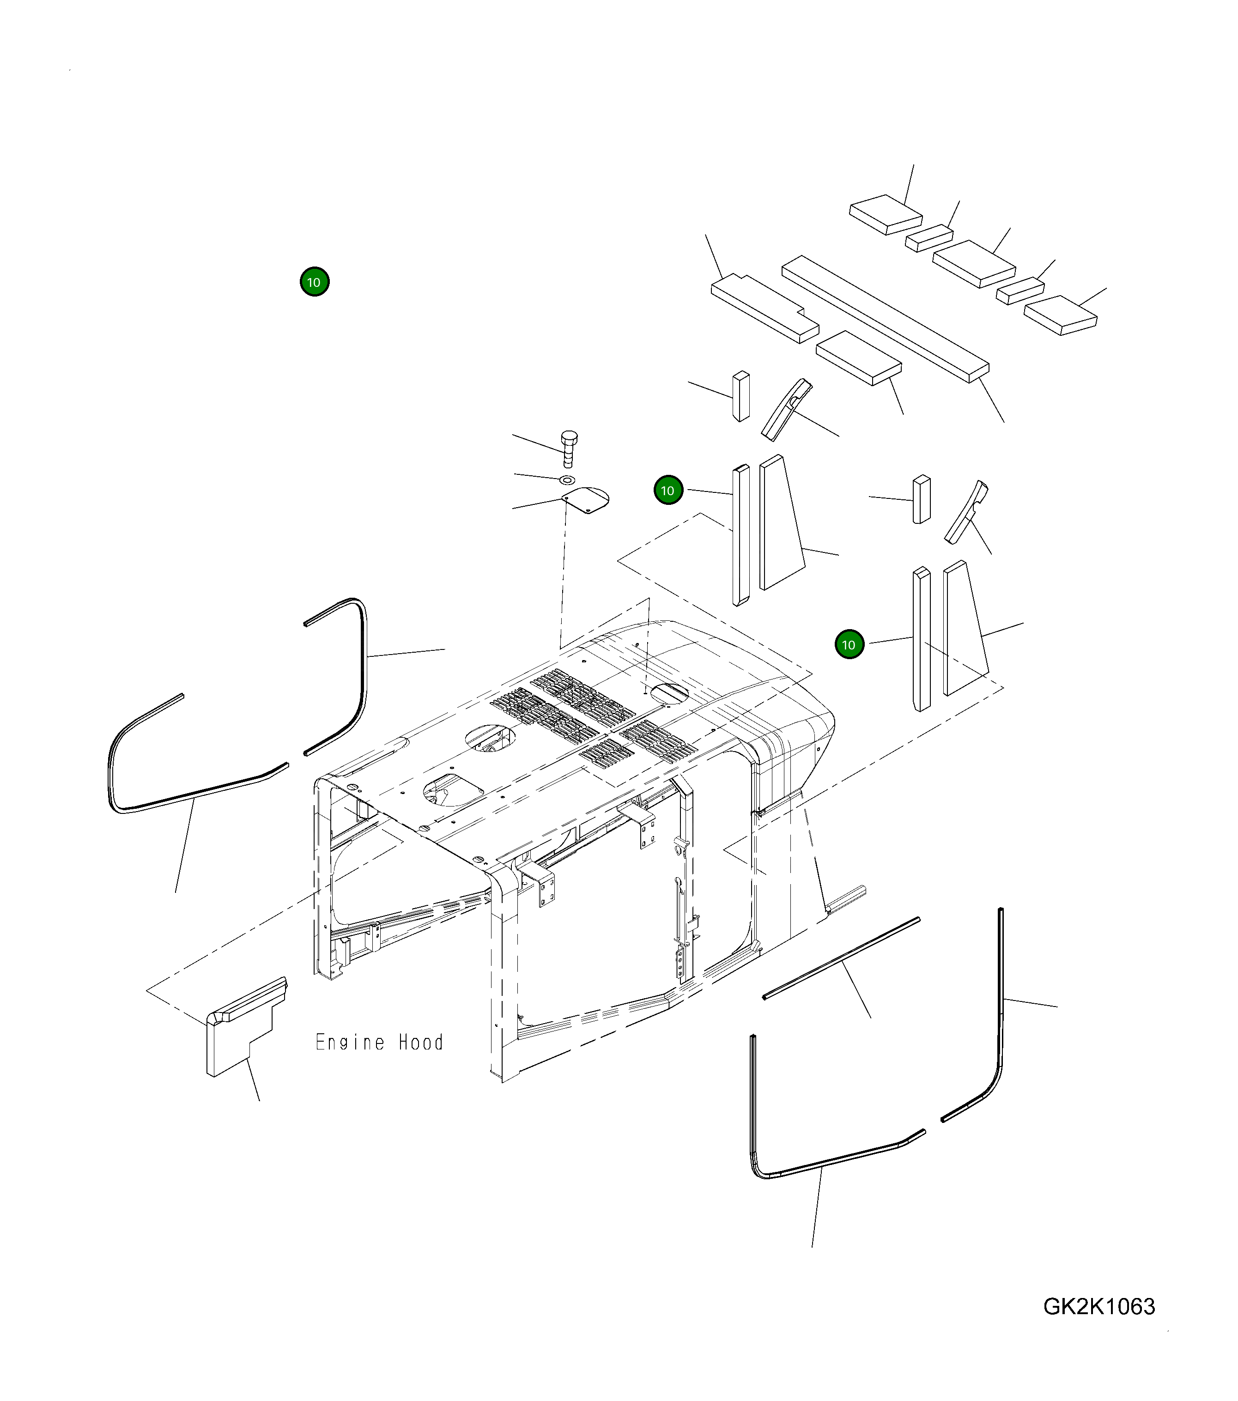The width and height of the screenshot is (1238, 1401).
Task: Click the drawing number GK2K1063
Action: [1099, 1306]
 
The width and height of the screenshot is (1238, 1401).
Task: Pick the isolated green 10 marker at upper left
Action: [315, 282]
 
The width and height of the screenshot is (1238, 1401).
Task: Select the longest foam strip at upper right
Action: [886, 319]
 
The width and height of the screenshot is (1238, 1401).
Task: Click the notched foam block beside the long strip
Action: [765, 308]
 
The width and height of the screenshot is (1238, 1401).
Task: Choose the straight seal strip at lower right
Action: [841, 958]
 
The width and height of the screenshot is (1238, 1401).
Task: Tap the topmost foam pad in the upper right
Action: [886, 214]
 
